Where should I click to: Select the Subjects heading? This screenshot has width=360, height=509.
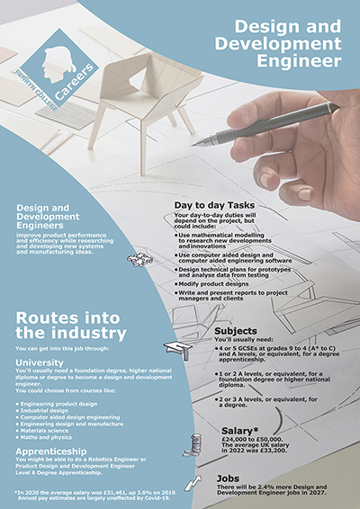[x=238, y=330]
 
